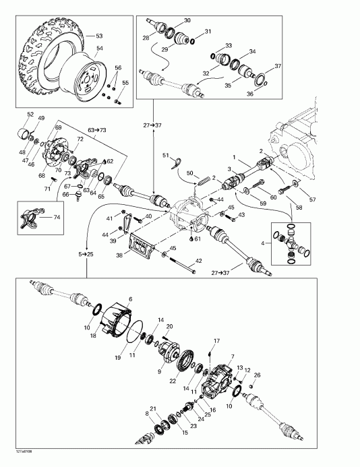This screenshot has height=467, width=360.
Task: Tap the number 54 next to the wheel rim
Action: coord(99,49)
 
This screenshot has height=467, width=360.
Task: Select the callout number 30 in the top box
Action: coord(187,21)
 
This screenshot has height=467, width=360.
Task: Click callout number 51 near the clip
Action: coord(165,156)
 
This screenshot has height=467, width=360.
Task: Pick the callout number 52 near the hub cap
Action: coord(30,114)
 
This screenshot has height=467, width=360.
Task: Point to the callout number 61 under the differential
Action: coord(198,239)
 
